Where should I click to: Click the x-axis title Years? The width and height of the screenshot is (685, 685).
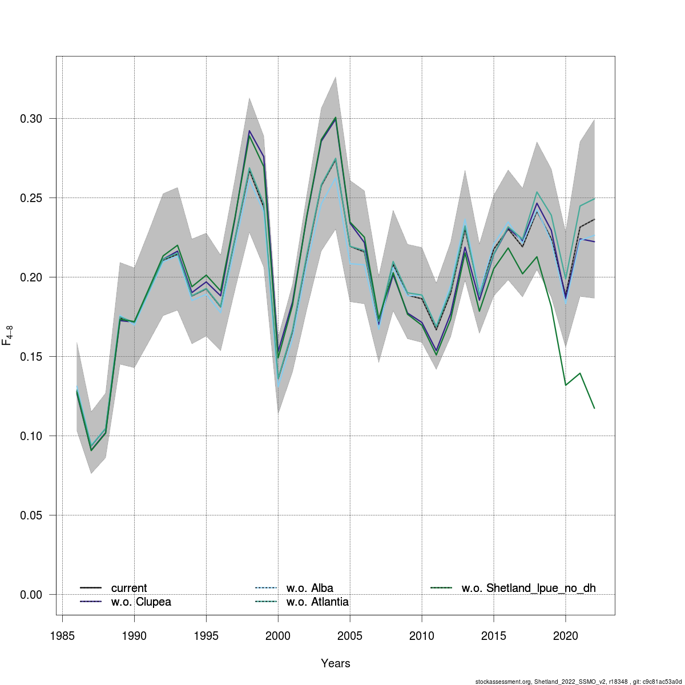pyautogui.click(x=336, y=663)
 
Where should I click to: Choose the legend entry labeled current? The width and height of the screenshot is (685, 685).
pyautogui.click(x=128, y=588)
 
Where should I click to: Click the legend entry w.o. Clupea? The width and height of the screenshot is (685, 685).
pyautogui.click(x=140, y=602)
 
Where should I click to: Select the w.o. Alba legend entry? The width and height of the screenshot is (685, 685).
pyautogui.click(x=309, y=588)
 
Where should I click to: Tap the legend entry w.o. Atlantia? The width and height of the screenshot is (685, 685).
pyautogui.click(x=317, y=602)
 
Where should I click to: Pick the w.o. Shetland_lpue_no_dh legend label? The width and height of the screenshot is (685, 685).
pyautogui.click(x=528, y=588)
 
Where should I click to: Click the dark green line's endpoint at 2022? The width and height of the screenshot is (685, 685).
pyautogui.click(x=594, y=408)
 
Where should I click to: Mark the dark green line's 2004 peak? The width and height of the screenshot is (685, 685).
pyautogui.click(x=336, y=118)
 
